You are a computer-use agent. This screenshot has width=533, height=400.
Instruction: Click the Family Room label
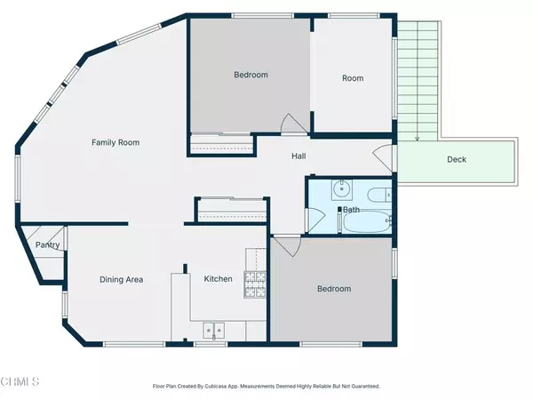coord(116,142)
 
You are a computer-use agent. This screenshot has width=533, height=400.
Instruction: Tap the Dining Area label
coord(121,279)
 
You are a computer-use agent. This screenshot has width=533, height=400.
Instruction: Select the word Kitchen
coord(219,279)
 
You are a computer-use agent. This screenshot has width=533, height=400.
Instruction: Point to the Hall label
coord(300,156)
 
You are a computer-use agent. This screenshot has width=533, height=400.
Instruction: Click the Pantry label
coord(46,246)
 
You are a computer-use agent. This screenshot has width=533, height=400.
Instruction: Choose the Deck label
coord(457,160)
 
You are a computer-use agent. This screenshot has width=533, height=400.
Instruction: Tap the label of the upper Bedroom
coord(251,76)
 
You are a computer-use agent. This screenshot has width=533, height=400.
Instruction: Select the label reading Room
coord(353,78)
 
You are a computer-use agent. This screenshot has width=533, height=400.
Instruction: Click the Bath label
coord(352,211)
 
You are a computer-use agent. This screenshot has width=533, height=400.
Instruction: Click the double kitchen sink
coord(214,331)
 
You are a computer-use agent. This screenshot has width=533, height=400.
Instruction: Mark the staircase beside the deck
coord(418,80)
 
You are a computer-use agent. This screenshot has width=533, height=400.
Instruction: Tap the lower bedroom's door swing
coord(283,246)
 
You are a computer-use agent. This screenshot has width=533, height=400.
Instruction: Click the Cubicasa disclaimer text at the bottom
coord(266,387)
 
